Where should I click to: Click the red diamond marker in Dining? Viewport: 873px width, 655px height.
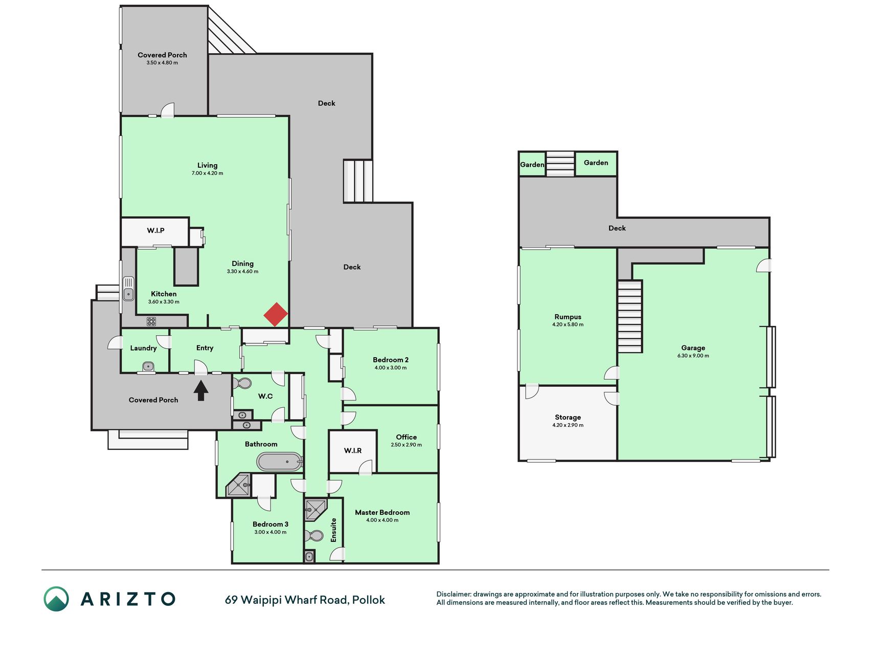pos(276,314)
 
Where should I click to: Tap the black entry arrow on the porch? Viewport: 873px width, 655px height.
pos(201,390)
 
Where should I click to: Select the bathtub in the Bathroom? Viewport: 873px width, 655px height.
pos(279,462)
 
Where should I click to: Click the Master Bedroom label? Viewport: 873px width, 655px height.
pos(383,512)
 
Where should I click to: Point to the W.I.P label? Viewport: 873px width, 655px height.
pos(156,231)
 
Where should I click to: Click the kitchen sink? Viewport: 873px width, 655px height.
pos(128,289)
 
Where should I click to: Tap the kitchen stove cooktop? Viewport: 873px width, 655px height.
pos(151,321)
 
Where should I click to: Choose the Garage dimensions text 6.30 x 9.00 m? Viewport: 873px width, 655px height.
pos(693,356)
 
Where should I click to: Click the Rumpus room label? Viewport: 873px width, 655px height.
pos(568,317)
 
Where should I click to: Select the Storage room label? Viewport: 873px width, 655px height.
pos(568,417)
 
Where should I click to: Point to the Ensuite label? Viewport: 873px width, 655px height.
pos(333,530)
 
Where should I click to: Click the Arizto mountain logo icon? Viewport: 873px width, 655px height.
pos(56,599)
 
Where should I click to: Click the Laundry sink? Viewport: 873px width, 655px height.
pos(148,366)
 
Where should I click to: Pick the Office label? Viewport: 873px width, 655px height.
pos(407,437)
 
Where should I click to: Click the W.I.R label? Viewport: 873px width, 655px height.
pos(353,450)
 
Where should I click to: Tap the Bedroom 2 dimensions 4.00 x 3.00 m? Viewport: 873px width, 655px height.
pos(391,367)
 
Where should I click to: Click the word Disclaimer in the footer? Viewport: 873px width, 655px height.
pos(454,594)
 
